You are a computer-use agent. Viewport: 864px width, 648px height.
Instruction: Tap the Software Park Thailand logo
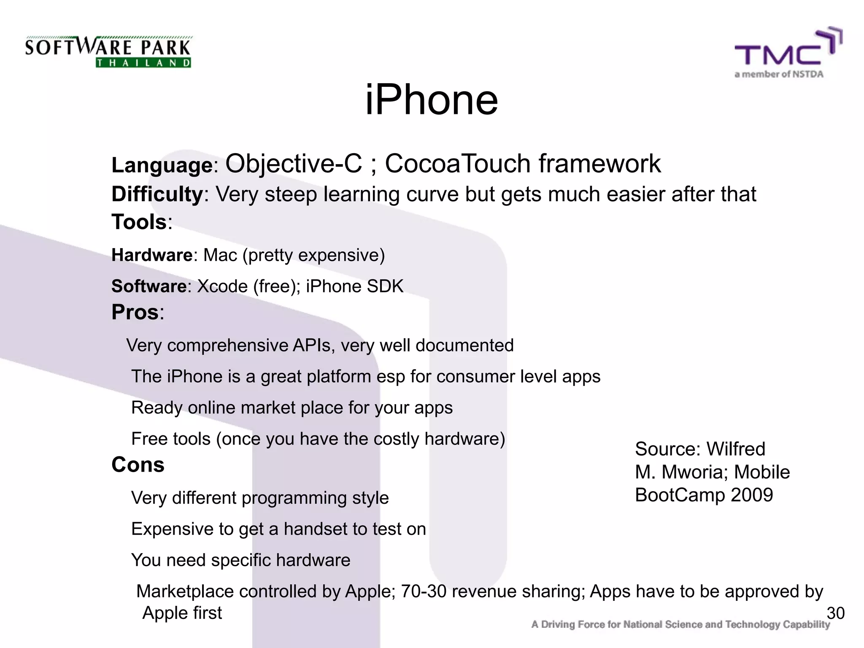[x=108, y=51]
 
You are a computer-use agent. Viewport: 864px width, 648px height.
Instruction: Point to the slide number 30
[x=835, y=613]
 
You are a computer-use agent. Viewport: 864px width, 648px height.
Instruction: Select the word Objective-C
[x=294, y=164]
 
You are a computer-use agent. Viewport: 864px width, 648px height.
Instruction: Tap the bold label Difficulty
[x=157, y=194]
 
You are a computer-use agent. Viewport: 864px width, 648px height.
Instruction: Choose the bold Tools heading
[x=139, y=222]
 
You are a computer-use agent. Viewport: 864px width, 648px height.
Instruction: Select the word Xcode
[x=222, y=286]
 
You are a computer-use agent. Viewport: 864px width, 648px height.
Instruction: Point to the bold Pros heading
[x=135, y=313]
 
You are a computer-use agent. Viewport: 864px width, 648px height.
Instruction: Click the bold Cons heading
[x=138, y=465]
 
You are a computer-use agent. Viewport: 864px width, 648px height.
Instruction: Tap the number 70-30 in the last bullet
[x=424, y=591]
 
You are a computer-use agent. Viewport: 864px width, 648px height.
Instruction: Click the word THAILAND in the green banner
[x=143, y=63]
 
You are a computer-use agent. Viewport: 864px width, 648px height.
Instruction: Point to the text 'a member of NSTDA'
[x=779, y=74]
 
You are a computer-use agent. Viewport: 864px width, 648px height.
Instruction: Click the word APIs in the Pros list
[x=312, y=346]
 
